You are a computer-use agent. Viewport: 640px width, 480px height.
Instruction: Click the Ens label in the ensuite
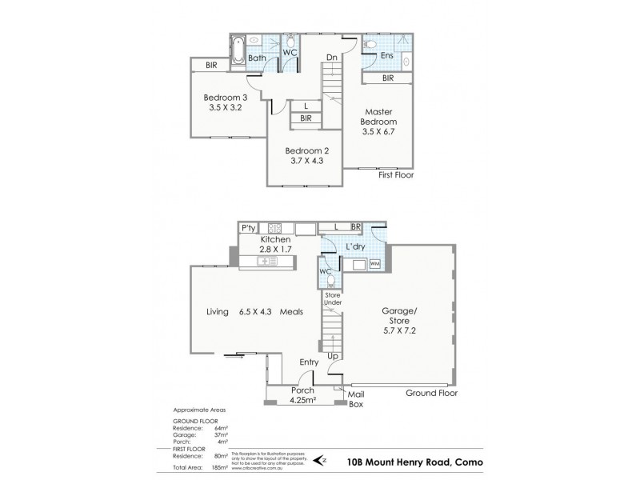386,56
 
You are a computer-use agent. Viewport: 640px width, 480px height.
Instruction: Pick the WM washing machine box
374,263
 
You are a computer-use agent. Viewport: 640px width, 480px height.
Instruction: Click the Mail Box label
357,400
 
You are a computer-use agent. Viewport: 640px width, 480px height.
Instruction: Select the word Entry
309,362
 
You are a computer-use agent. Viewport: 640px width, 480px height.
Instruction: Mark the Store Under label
333,301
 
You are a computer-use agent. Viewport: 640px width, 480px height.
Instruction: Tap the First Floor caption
396,174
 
